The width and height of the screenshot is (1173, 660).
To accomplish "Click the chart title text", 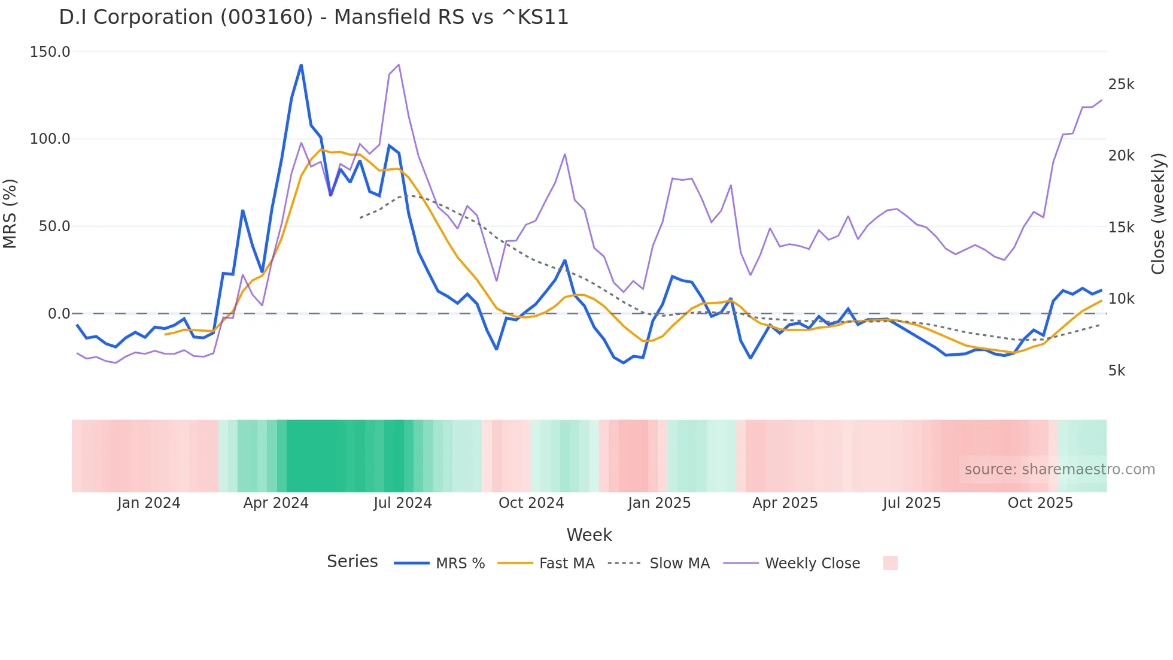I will (314, 17).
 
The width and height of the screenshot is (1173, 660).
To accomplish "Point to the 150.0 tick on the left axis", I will (50, 52).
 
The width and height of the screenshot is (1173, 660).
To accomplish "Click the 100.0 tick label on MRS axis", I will (50, 139).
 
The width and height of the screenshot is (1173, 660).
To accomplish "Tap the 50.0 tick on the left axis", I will (54, 226).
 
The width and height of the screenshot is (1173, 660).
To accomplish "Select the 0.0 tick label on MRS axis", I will (59, 314).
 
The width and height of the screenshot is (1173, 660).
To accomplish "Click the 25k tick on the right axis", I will (1121, 84).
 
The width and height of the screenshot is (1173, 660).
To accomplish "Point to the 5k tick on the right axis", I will (1117, 371).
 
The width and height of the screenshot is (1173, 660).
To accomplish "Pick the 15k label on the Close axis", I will (1121, 228).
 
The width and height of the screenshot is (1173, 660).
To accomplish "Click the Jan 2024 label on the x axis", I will (148, 503).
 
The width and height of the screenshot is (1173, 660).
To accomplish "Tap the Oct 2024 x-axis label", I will (531, 503).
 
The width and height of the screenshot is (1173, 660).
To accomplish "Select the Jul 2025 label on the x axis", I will (911, 503).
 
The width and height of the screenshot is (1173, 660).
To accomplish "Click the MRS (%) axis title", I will (10, 214).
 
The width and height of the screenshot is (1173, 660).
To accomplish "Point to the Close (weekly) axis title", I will (1158, 214).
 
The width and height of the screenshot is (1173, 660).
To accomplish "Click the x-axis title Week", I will (589, 535).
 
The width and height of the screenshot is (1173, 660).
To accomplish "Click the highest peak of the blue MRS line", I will (301, 65).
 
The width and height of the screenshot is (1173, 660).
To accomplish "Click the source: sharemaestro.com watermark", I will (1059, 470).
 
